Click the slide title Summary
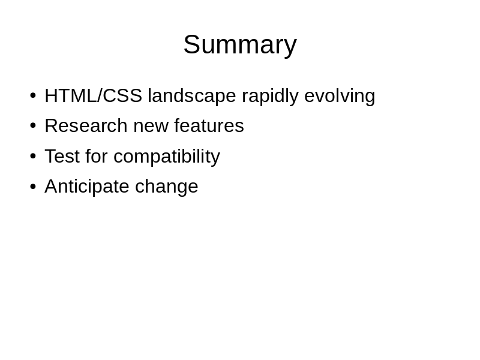tap(240, 46)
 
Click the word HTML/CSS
tap(94, 95)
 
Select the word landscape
tap(192, 95)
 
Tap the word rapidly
tap(270, 95)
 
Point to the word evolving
tap(340, 95)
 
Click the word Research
tap(86, 125)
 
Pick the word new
tap(151, 127)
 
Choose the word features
tap(209, 125)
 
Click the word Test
tap(62, 156)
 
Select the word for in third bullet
tap(97, 156)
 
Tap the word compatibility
tap(167, 156)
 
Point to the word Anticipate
tap(87, 186)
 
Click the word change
tap(167, 186)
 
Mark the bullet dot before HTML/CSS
tap(33, 95)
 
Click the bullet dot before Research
tap(33, 125)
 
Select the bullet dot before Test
tap(33, 156)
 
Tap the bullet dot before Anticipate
tap(33, 186)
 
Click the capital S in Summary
tap(191, 44)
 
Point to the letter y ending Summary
tap(290, 48)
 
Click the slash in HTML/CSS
tap(99, 95)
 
